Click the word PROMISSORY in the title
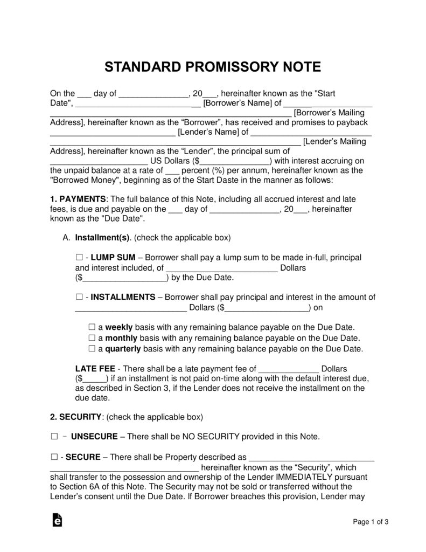[214, 67]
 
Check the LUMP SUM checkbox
[79, 258]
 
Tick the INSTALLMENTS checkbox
[79, 297]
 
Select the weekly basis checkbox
[91, 327]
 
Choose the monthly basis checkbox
[91, 338]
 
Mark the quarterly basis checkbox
[91, 349]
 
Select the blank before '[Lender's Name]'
[113, 132]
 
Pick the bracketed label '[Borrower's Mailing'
[330, 113]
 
